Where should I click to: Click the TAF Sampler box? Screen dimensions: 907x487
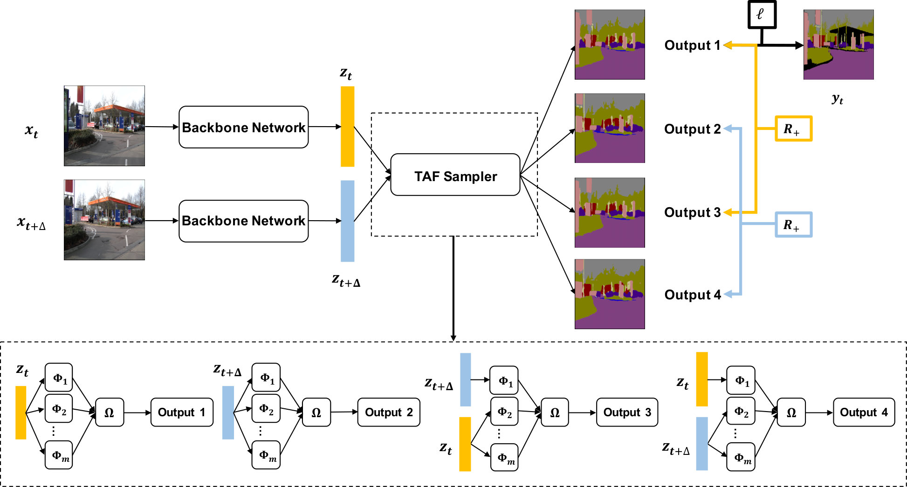coord(455,175)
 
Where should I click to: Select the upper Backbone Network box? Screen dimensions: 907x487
coord(243,127)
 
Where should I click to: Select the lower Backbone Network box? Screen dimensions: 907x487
coord(243,221)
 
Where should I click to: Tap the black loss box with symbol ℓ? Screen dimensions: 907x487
coord(762,14)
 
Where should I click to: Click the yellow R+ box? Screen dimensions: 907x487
coord(793,129)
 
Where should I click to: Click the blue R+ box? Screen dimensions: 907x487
coord(793,224)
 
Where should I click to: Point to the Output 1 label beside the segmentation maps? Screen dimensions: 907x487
coord(692,45)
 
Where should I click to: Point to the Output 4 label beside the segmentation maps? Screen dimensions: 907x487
coord(693,295)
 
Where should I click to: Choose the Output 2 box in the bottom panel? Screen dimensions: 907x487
coord(389,412)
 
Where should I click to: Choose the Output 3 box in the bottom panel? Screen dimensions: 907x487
coord(627,412)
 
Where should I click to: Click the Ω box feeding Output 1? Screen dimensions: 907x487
coord(110,412)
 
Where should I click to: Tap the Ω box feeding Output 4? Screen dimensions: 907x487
coord(791,412)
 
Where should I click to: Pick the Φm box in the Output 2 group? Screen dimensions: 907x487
coord(266,455)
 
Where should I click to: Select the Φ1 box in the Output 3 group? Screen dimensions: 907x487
coord(504,380)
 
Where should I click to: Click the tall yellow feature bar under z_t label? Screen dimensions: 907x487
coord(347,126)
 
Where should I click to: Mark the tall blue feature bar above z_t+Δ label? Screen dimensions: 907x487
coord(347,221)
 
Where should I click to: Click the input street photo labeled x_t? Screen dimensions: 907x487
coord(104,126)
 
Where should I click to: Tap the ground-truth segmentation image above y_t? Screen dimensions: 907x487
coord(838,45)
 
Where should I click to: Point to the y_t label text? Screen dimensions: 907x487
coord(838,99)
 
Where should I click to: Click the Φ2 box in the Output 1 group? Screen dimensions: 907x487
coord(59,408)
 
